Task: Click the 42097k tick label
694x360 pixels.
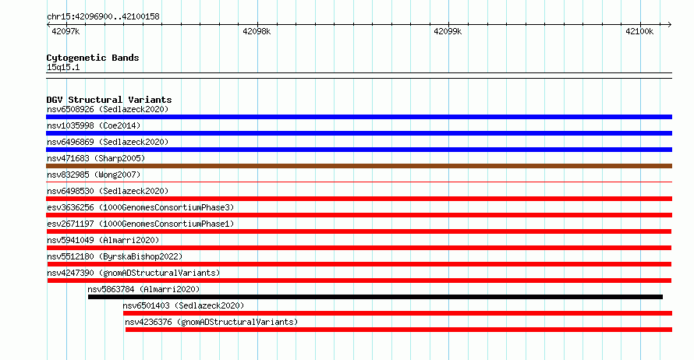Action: click(66, 31)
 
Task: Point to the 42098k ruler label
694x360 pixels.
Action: click(257, 31)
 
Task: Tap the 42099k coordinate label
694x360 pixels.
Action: click(448, 31)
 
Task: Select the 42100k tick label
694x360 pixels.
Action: click(639, 31)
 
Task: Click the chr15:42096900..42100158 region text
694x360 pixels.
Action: click(103, 17)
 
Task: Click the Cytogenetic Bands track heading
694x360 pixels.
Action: click(93, 58)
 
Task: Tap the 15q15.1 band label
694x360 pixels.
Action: click(63, 67)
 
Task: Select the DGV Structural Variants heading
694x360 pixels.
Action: click(109, 100)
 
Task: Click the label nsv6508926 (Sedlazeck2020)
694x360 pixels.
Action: click(108, 109)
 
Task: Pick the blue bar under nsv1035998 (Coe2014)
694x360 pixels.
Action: click(359, 133)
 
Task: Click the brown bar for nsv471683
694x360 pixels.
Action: click(359, 166)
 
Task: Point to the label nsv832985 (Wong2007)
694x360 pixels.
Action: click(94, 175)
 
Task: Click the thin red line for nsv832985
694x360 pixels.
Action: click(359, 182)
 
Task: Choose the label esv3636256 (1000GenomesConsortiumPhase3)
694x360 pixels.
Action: click(140, 207)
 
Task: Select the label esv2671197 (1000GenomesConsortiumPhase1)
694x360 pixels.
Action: click(140, 224)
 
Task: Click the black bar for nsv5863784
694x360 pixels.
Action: click(375, 297)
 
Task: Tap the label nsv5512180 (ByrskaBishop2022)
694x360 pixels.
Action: click(115, 256)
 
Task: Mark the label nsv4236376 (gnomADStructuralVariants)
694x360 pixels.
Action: click(211, 322)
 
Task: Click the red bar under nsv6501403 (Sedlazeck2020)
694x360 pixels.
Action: click(398, 313)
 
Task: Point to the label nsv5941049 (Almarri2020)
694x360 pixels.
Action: click(103, 240)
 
